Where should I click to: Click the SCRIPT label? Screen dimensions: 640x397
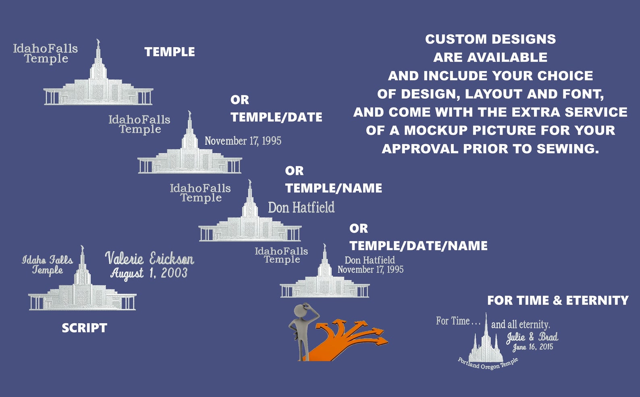(x=85, y=328)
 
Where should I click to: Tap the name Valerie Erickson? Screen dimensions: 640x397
(x=150, y=258)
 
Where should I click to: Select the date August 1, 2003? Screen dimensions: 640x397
(x=149, y=273)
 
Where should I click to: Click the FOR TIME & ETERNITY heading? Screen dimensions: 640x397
(x=558, y=300)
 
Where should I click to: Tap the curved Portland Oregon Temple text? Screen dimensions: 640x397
(x=488, y=364)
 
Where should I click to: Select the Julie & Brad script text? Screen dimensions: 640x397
(x=532, y=337)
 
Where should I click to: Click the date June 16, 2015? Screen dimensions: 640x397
(x=533, y=347)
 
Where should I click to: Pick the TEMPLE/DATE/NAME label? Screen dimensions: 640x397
(x=419, y=246)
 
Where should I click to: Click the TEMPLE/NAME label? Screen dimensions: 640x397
(x=333, y=188)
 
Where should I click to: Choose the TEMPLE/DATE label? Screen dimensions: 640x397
(x=276, y=117)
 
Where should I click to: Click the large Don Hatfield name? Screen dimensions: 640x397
(x=301, y=207)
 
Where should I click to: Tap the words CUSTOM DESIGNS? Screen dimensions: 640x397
(x=490, y=39)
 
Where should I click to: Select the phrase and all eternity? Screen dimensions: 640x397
(x=521, y=325)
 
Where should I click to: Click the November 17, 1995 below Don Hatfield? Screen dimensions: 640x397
(x=370, y=270)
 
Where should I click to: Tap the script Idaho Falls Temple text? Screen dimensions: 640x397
(x=48, y=265)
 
